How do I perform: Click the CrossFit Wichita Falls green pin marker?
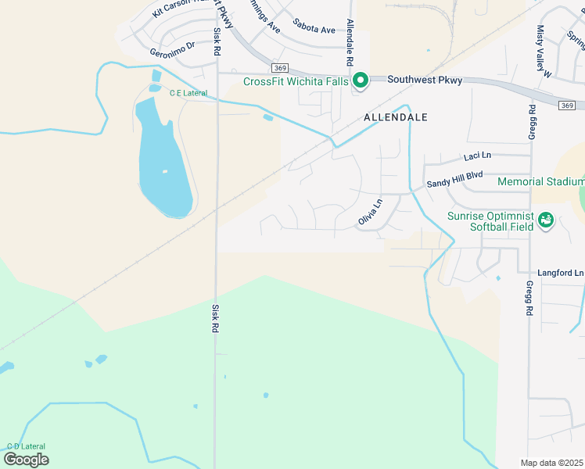point(361,81)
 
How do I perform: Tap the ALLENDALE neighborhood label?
point(396,117)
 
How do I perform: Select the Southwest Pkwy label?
point(425,80)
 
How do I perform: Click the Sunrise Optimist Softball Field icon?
point(546,221)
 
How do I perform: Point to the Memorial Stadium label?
point(540,182)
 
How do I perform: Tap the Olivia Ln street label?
point(371,213)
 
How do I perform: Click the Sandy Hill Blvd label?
point(454,181)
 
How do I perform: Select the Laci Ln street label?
point(476,157)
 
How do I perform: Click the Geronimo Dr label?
point(172,52)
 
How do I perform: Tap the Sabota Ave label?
point(314,30)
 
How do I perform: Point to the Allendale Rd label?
point(350,42)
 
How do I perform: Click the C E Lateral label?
point(188,93)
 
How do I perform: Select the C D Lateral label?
point(26,446)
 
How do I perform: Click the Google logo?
point(26,459)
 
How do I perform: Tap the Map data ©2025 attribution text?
point(551,463)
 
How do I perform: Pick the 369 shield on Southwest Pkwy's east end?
point(567,105)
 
